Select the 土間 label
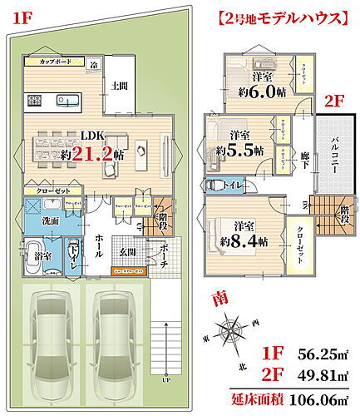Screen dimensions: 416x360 (x=118, y=86)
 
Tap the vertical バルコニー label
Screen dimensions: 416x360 (x=333, y=155)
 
